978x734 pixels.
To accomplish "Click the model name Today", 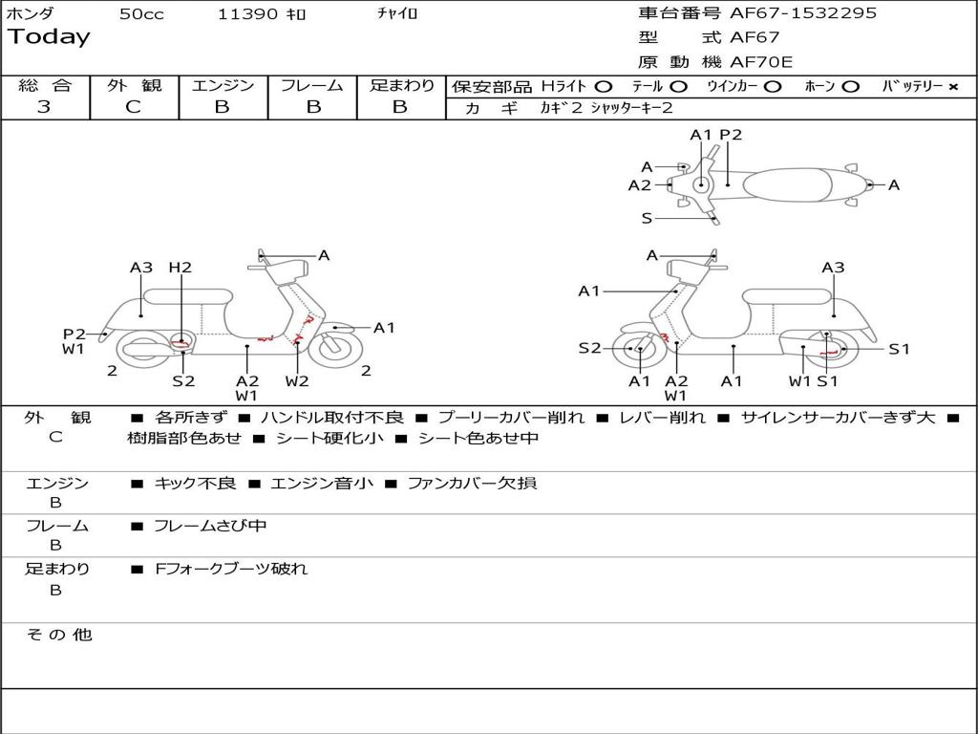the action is point(49,37).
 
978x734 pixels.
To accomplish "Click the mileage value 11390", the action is point(247,14).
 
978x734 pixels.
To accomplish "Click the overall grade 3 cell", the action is point(44,107).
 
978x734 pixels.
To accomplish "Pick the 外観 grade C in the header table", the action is point(133,107).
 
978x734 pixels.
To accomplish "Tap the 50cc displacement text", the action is point(141,14).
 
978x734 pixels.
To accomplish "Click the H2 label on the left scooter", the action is point(181,268).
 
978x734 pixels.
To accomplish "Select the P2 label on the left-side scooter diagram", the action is point(74,334).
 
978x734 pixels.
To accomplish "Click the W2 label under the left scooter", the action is point(297,380).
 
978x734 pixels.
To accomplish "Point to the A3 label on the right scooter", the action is point(833,268).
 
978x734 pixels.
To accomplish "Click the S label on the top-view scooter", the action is point(647,219).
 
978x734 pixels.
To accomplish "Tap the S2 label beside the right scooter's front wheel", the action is point(589,348).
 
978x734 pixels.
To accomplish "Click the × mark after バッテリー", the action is point(953,86).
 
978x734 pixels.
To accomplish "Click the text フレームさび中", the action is point(210,526).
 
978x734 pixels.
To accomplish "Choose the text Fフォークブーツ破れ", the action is point(231,569).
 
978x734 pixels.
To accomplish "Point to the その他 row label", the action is point(59,635).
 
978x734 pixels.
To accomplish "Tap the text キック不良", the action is point(195,483).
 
